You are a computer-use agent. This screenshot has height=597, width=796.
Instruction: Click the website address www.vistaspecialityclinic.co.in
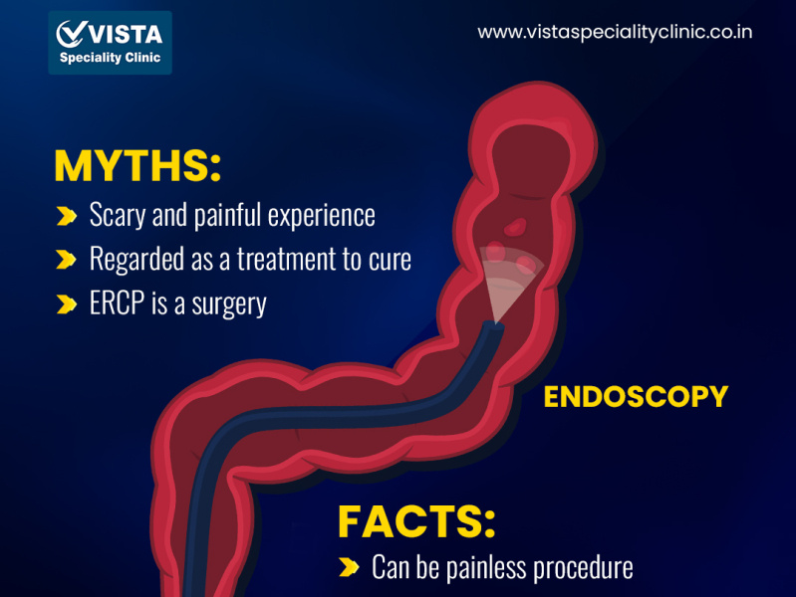pyautogui.click(x=615, y=32)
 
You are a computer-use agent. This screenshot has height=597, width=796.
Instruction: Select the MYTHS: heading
pyautogui.click(x=137, y=166)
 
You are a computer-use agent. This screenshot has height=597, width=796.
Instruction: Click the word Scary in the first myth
pyautogui.click(x=116, y=215)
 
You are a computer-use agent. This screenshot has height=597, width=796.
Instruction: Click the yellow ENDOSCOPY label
pyautogui.click(x=636, y=397)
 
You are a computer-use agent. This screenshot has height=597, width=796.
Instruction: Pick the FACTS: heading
pyautogui.click(x=416, y=521)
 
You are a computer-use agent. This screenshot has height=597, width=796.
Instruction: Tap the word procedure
pyautogui.click(x=583, y=568)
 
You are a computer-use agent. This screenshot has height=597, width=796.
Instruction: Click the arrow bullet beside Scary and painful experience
pyautogui.click(x=67, y=215)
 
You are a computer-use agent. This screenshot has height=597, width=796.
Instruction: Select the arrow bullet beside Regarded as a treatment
pyautogui.click(x=67, y=260)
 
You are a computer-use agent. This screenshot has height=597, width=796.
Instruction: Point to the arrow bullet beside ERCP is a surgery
pyautogui.click(x=67, y=303)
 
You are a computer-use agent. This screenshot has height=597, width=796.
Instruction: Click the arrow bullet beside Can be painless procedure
pyautogui.click(x=349, y=568)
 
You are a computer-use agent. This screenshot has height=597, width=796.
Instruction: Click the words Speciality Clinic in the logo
pyautogui.click(x=110, y=58)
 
